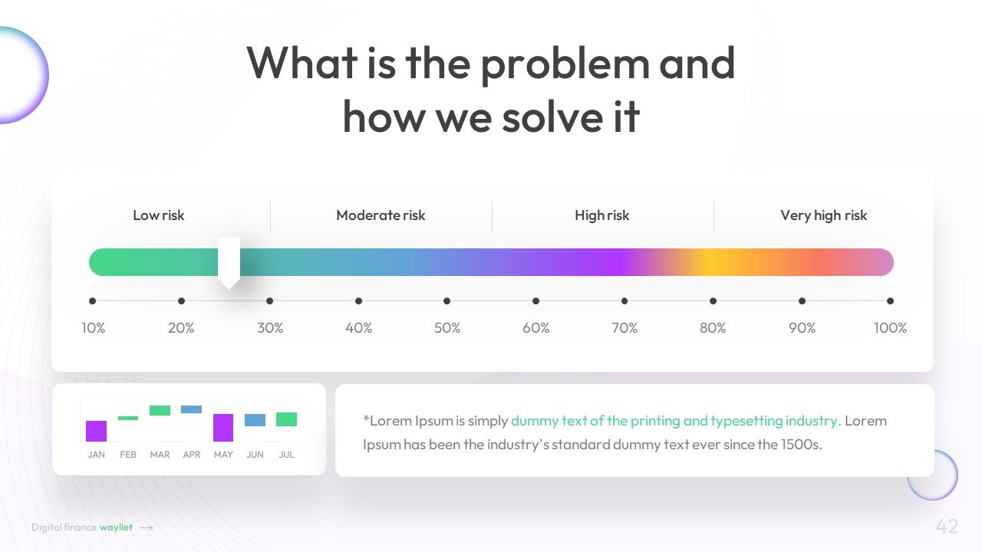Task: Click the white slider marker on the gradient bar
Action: pos(229,262)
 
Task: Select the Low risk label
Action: pos(159,215)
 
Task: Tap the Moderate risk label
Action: pos(381,215)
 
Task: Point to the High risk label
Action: pos(602,215)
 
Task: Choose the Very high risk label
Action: pos(824,215)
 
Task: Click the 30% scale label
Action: pos(270,327)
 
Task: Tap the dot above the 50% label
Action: pos(447,301)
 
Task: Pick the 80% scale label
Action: pos(713,327)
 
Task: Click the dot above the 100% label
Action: pos(890,301)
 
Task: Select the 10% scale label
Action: pos(94,327)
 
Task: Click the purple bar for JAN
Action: pos(96,431)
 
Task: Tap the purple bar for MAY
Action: pos(223,428)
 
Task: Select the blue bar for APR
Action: pos(192,409)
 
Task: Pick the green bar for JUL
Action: pos(286,419)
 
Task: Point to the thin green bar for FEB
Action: pos(128,418)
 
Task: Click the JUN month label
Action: pos(255,455)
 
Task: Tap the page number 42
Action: pos(947,526)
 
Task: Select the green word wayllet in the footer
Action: pos(116,527)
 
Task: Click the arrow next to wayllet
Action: pos(147,528)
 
